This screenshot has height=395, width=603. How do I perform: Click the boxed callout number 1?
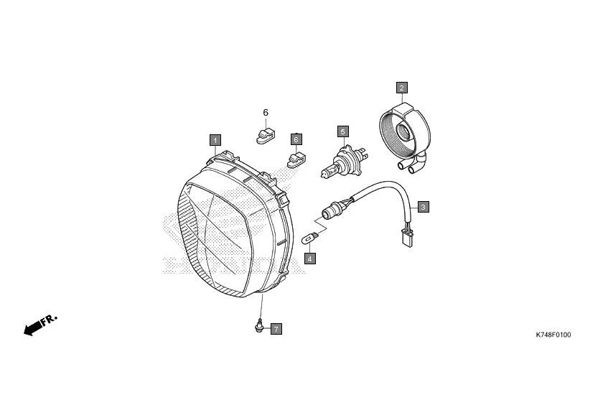215,139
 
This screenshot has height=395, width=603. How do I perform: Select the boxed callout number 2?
402,88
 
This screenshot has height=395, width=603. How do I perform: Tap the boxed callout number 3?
424,207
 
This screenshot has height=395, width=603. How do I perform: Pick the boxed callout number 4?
310,258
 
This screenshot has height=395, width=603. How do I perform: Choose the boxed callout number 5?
343,131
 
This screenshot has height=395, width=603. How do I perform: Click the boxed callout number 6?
296,139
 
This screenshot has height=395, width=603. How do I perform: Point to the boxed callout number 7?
276,329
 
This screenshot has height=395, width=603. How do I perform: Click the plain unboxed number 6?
265,113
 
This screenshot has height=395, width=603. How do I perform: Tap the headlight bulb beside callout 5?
343,161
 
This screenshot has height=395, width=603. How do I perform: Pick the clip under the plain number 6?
264,134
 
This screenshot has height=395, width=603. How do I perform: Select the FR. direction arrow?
40,325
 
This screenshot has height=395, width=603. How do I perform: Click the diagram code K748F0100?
553,335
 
